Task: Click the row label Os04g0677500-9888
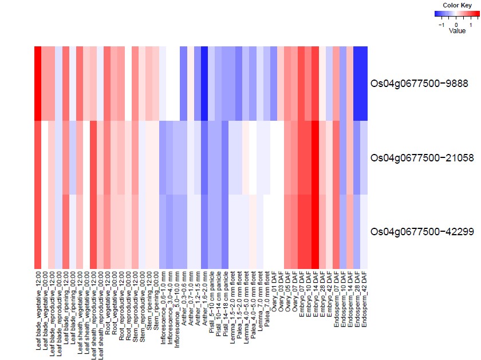point(419,84)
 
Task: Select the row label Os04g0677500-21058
point(422,157)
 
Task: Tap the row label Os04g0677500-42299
point(422,232)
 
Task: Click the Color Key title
point(457,5)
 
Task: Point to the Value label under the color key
point(457,31)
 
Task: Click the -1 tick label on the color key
point(441,25)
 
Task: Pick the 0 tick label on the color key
point(456,25)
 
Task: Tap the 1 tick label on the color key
point(471,25)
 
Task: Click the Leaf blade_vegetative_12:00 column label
point(38,310)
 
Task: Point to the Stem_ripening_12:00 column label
point(149,300)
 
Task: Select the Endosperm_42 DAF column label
point(364,299)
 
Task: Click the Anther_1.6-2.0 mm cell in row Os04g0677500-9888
point(204,84)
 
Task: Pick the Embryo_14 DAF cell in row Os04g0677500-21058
point(316,157)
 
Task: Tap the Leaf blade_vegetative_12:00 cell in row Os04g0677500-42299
point(38,232)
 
